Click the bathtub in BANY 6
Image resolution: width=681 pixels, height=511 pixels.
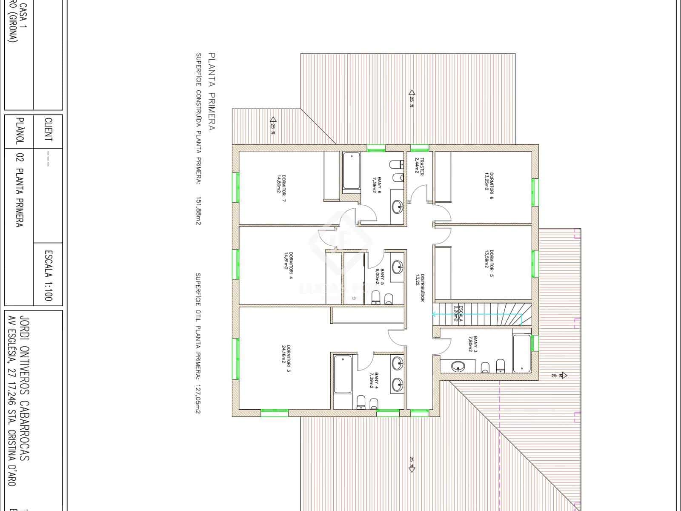pyautogui.click(x=352, y=171)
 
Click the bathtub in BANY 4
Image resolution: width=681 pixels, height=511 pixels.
pyautogui.click(x=343, y=374)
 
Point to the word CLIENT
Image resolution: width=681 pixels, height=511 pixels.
pyautogui.click(x=48, y=130)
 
